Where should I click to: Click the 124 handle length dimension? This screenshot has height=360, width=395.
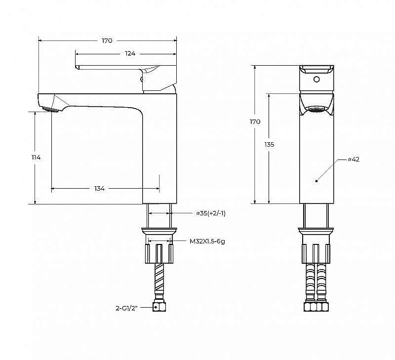tap(130, 53)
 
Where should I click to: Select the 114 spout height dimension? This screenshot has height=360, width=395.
tap(36, 158)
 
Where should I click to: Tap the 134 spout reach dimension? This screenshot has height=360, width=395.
tap(100, 189)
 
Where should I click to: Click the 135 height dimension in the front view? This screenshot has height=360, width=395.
tap(269, 145)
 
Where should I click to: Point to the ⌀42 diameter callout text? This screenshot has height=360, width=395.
tap(354, 159)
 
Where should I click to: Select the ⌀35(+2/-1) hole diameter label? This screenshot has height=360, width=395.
tap(211, 213)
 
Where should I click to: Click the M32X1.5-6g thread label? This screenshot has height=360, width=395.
tap(207, 241)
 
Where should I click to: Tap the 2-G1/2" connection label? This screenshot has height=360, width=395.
tap(127, 308)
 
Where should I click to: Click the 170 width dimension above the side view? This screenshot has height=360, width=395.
tap(107, 40)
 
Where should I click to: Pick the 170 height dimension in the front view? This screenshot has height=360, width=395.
tap(255, 122)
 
